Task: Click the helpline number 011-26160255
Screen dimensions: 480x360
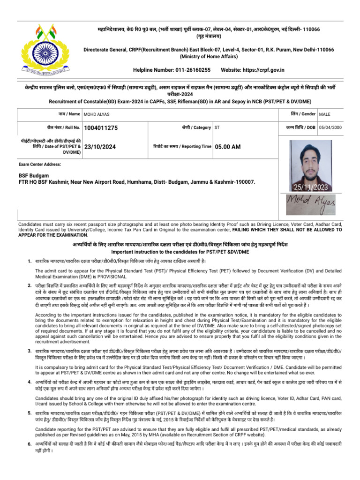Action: point(191,70)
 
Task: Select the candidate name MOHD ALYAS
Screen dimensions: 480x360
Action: point(100,114)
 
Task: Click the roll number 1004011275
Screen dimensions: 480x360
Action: point(101,127)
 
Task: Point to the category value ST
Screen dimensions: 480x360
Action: point(217,127)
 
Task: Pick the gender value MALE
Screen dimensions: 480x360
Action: point(324,114)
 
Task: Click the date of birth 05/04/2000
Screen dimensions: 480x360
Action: point(330,127)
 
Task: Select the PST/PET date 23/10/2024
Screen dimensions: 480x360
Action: point(100,147)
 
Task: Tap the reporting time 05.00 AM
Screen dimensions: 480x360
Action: point(228,147)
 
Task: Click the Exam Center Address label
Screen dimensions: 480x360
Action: point(40,165)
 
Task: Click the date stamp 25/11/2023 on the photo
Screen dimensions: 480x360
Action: point(311,187)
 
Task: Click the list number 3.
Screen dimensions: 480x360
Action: point(29,351)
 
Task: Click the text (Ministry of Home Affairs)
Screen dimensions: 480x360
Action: point(209,56)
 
